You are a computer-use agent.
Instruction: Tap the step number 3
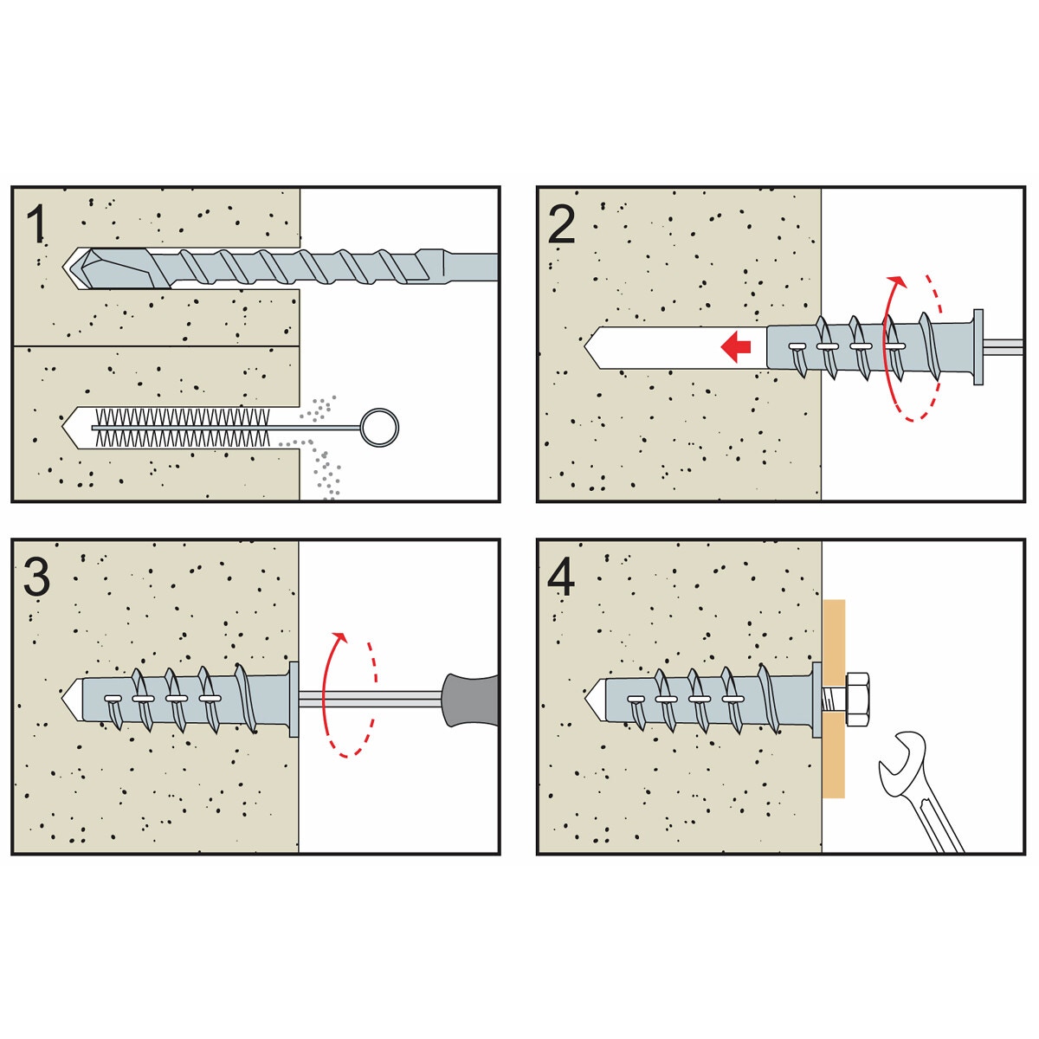36,577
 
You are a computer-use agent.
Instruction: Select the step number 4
561,578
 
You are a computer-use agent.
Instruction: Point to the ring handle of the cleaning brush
378,426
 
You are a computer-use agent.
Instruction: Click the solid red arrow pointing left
736,348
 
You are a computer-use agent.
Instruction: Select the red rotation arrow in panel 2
887,346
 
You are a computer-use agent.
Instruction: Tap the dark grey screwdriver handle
468,699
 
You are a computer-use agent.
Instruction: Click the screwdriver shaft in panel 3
372,697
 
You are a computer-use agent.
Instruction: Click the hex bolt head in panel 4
856,698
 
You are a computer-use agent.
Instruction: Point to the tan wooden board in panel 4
832,762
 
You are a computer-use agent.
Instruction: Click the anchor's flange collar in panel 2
978,346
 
